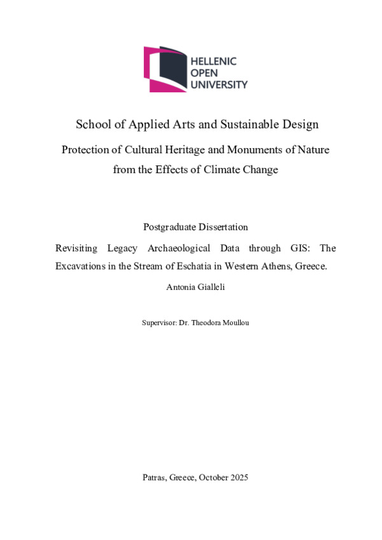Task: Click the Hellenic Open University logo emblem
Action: coord(165,69)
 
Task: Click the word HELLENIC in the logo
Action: coord(213,61)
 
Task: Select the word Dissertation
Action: coord(223,226)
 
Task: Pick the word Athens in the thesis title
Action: coord(274,267)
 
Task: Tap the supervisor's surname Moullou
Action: coord(234,323)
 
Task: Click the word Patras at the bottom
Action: coord(155,477)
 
